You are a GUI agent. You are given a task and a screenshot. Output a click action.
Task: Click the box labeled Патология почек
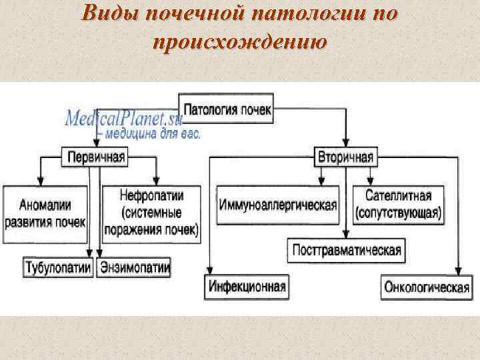click(x=227, y=109)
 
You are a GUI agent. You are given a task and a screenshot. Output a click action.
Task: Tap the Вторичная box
click(x=345, y=157)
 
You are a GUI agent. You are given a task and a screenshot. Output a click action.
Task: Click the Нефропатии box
click(x=152, y=213)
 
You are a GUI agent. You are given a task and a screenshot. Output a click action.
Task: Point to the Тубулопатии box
click(x=57, y=268)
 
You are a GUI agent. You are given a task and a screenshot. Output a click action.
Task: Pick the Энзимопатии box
click(x=135, y=268)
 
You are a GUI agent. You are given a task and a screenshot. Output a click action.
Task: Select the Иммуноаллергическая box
click(x=277, y=204)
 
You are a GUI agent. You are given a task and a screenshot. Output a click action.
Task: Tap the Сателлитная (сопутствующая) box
click(x=399, y=204)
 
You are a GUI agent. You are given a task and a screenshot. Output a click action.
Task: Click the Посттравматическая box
click(x=346, y=250)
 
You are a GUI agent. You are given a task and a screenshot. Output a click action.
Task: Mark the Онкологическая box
click(x=423, y=287)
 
